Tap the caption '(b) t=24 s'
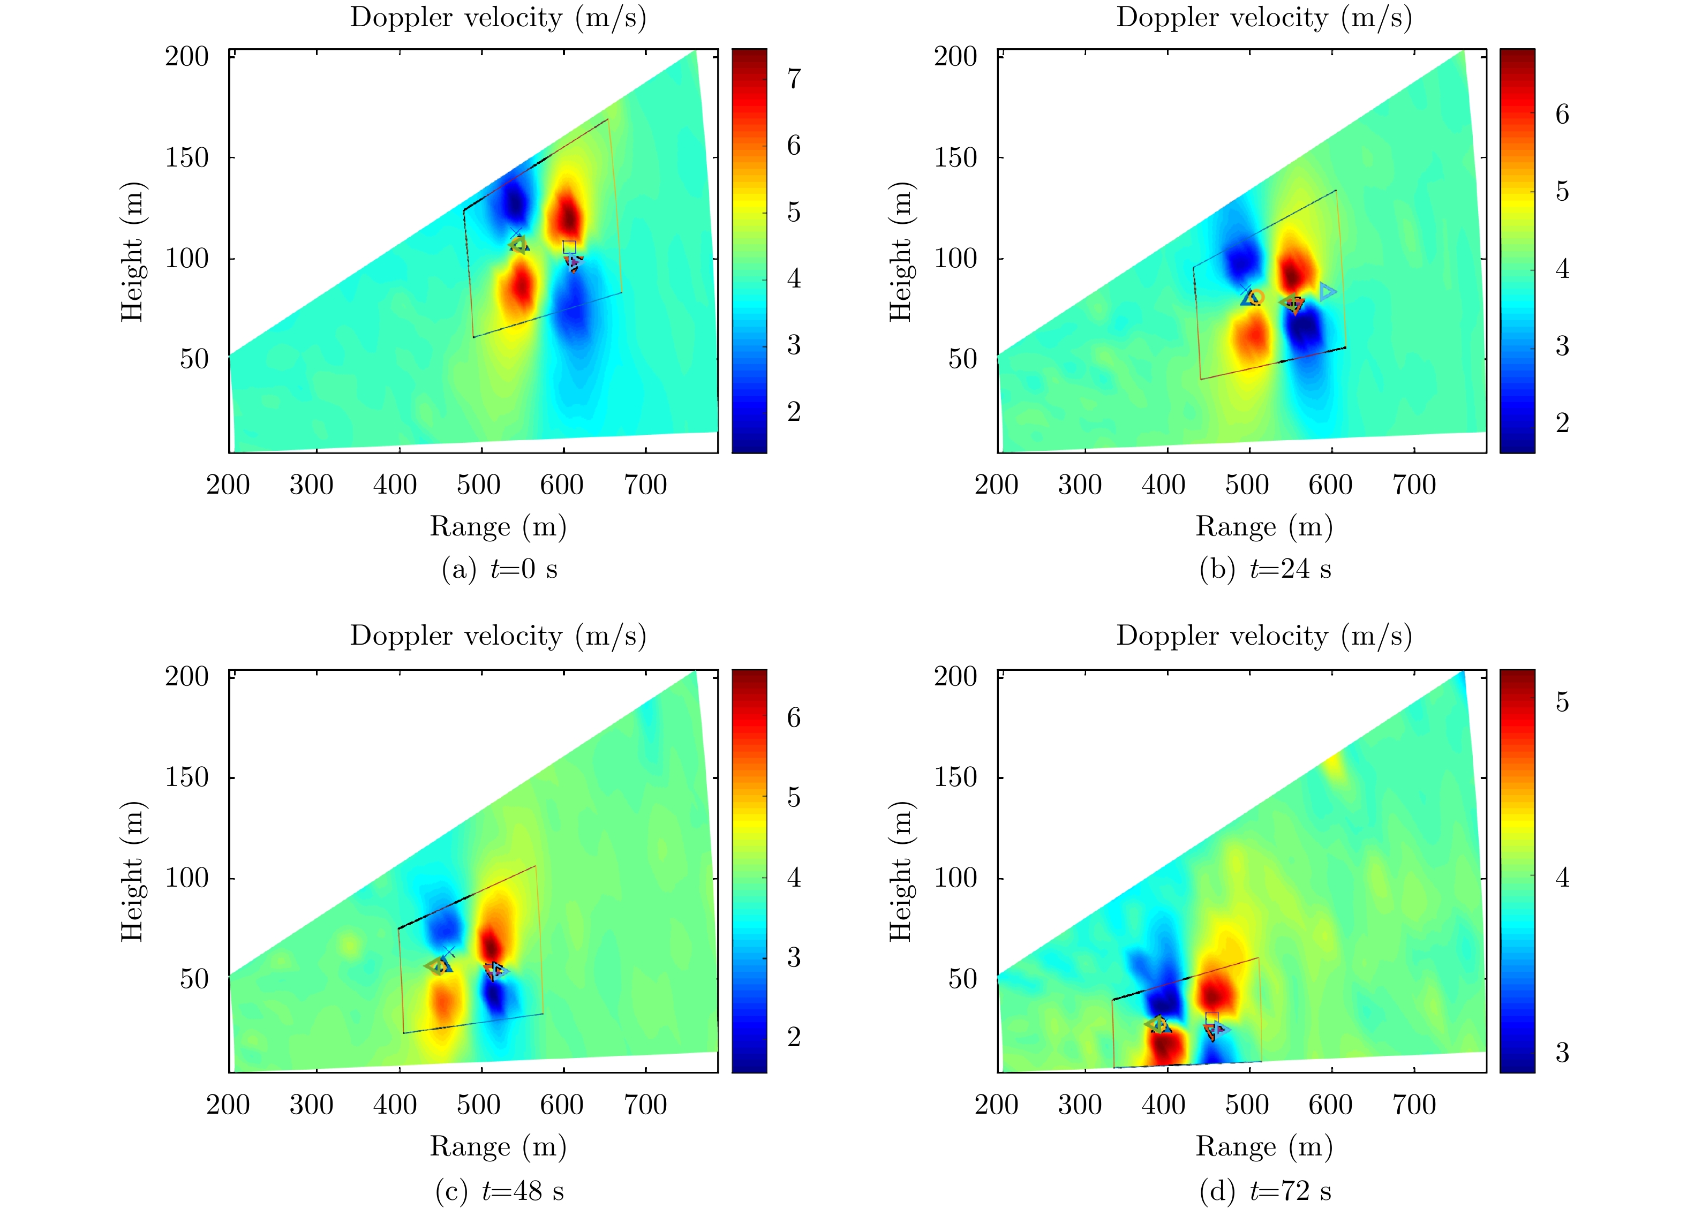click(x=1264, y=569)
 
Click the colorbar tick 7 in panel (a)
click(x=794, y=78)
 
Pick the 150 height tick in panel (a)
click(x=187, y=157)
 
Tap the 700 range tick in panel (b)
click(x=1414, y=485)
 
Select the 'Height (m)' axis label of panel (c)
click(x=132, y=872)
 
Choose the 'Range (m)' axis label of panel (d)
click(x=1264, y=1146)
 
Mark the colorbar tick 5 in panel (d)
click(x=1562, y=702)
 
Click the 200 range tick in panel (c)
click(x=228, y=1105)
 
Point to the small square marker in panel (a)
click(x=569, y=247)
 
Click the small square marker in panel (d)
click(x=1211, y=1018)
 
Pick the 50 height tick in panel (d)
click(x=962, y=979)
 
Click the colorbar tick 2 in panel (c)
click(x=794, y=1037)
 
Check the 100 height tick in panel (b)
click(x=955, y=259)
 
